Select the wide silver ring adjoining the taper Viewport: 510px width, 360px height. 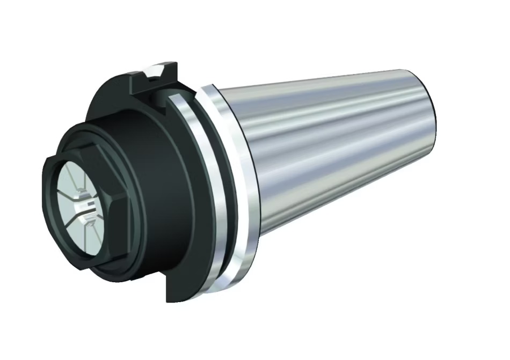[x=236, y=188]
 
